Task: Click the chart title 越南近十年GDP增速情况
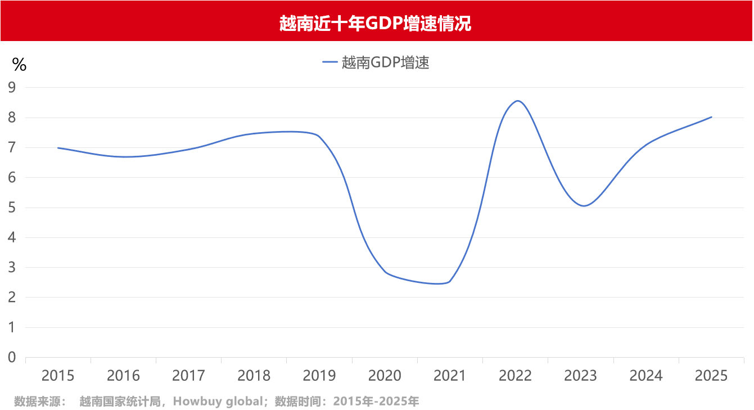click(x=375, y=23)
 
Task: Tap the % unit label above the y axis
click(x=19, y=65)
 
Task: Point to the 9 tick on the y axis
click(x=12, y=88)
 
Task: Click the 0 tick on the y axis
click(x=12, y=358)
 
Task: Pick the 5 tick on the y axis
click(x=12, y=208)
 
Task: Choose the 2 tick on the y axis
click(x=12, y=298)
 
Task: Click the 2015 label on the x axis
click(x=58, y=376)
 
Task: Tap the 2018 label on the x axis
click(x=254, y=376)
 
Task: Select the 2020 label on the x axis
click(x=385, y=376)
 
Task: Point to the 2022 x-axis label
click(x=515, y=376)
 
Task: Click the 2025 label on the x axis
click(x=711, y=376)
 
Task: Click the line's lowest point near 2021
click(x=439, y=283)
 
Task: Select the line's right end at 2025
click(x=711, y=117)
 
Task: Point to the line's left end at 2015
click(x=58, y=148)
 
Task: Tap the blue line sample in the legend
click(x=329, y=63)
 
